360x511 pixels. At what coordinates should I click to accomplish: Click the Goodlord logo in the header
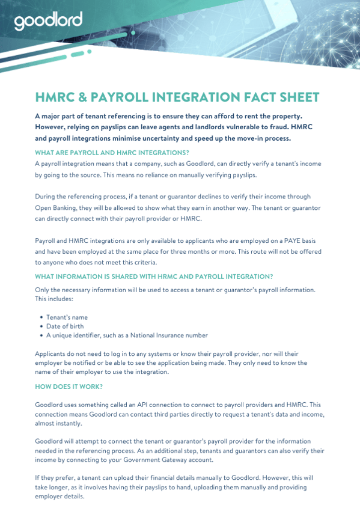coord(48,22)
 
